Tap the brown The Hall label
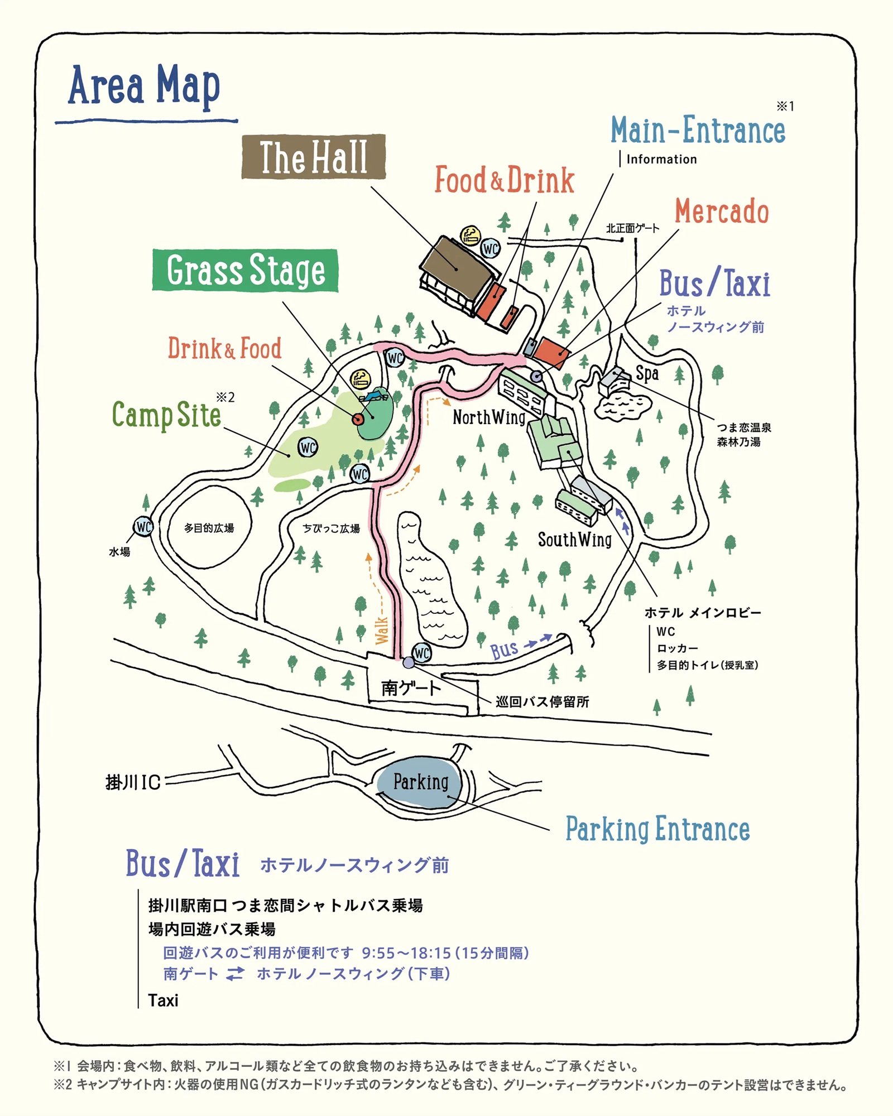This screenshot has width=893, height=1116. pos(313,157)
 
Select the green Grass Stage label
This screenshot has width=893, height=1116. pos(246,270)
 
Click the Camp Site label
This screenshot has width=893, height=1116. pos(166,415)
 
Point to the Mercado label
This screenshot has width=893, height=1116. pos(722,211)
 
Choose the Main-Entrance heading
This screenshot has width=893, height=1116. pos(698,131)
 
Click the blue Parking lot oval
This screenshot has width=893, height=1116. pos(420,782)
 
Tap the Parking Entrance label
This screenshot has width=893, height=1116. pos(657,829)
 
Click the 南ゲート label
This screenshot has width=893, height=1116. pos(411,688)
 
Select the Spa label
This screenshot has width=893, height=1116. pos(647,373)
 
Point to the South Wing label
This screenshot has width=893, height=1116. pos(574,540)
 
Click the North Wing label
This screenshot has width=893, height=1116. pos(489,417)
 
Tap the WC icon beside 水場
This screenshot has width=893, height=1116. pos(143,526)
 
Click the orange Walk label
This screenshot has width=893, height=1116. pos(381,630)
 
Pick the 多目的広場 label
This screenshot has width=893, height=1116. pos(209,528)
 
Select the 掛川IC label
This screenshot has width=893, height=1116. pos(133,782)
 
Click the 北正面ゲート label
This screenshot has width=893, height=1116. pos(632,228)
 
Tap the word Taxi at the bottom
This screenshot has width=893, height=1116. pos(163,1000)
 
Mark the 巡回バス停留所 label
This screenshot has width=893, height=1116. pos(542,702)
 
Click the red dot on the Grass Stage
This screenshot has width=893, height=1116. pos(358,419)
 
